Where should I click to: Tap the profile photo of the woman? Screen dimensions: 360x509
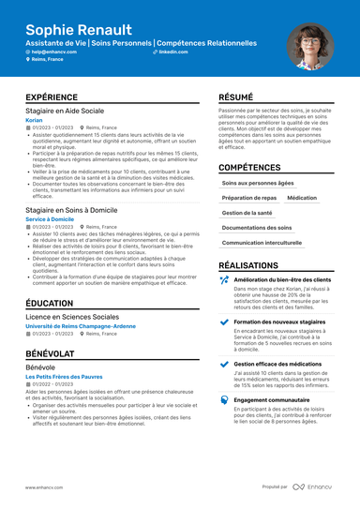pos(315,46)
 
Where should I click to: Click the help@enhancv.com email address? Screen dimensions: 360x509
pos(53,52)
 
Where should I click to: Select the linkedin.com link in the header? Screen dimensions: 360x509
pos(172,52)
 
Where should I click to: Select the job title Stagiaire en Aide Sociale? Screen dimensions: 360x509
pos(66,111)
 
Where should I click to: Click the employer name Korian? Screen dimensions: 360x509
pos(34,120)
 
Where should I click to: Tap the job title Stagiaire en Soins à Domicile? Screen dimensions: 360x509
pos(71,211)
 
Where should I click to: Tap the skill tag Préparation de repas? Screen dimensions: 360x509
pos(249,199)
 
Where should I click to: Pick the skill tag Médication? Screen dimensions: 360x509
pos(302,199)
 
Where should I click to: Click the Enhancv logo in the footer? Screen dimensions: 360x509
pos(312,487)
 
